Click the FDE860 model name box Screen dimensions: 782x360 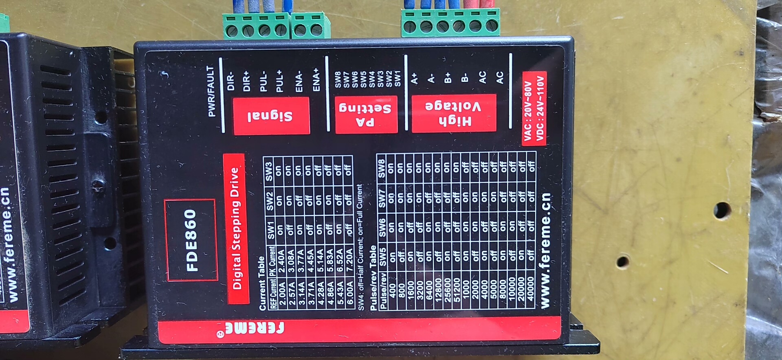pyautogui.click(x=191, y=240)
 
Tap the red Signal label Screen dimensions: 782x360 pyautogui.click(x=271, y=116)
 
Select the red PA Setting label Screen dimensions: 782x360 pyautogui.click(x=366, y=114)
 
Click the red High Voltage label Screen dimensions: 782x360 pyautogui.click(x=454, y=113)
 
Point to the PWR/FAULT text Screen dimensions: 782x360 pyautogui.click(x=211, y=91)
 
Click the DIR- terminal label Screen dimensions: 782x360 pyautogui.click(x=231, y=81)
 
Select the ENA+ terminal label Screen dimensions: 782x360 pyautogui.click(x=316, y=80)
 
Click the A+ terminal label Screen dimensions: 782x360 pyautogui.click(x=414, y=78)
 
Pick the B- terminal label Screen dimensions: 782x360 pyautogui.click(x=465, y=77)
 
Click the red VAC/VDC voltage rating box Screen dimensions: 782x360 pyautogui.click(x=534, y=108)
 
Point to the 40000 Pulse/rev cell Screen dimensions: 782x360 pyautogui.click(x=530, y=289)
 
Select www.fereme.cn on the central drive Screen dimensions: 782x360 pyautogui.click(x=545, y=251)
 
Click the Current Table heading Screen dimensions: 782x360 pyautogui.click(x=262, y=283)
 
